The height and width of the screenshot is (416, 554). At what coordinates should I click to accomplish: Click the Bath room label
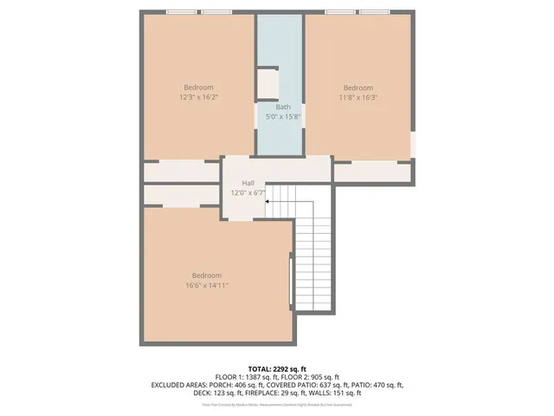coord(283,107)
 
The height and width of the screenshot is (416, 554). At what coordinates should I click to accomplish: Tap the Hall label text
coord(248,183)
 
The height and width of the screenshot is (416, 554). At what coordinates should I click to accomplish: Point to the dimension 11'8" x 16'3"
coord(358,98)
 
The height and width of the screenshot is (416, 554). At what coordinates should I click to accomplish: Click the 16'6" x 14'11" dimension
coord(207,285)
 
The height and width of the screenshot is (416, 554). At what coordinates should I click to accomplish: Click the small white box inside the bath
coord(267,84)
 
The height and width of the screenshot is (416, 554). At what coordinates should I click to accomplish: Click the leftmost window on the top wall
coord(180,12)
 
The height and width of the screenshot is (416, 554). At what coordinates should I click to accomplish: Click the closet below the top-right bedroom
coord(372,172)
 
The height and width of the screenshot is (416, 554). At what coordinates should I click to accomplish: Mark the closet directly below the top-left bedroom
coord(182,172)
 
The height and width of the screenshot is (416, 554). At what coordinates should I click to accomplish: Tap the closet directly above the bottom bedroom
coord(182,196)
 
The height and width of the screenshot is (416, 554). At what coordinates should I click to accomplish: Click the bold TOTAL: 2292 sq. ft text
coord(278,367)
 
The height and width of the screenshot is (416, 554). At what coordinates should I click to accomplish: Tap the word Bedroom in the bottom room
coord(207,276)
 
